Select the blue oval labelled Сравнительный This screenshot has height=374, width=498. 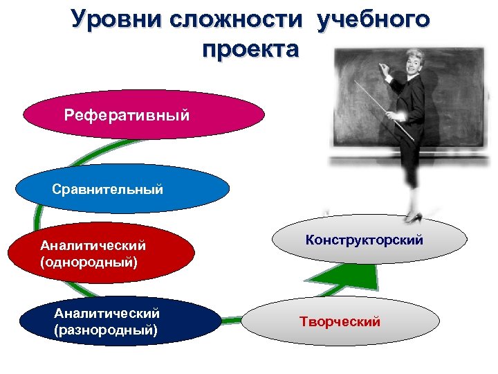coord(122,188)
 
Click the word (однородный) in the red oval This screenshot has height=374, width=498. coord(89,262)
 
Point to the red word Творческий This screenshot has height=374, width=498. coord(340,321)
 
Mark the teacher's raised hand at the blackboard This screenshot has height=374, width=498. coord(382,67)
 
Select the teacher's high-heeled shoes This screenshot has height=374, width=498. coord(414,217)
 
